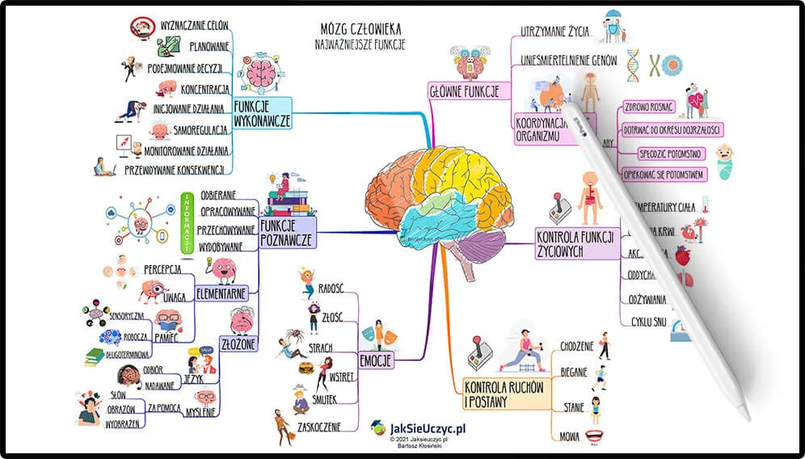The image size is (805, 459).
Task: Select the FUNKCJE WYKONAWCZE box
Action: click(261, 114)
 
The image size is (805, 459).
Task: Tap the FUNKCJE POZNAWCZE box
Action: click(287, 232)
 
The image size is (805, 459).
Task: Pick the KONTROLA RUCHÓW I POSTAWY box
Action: click(503, 394)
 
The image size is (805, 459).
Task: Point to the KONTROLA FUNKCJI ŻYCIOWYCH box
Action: click(575, 243)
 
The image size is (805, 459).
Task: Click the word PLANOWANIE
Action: click(209, 46)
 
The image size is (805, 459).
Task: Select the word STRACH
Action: click(320, 347)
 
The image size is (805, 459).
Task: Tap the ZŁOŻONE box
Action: click(238, 343)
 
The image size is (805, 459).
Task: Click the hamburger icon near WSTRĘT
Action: click(306, 368)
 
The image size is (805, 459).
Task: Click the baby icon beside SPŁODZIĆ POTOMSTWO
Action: click(726, 159)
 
